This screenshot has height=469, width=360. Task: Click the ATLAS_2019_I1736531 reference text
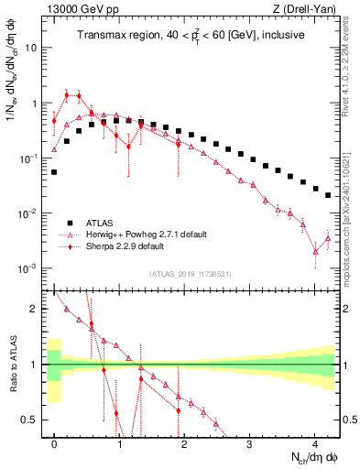(x=191, y=274)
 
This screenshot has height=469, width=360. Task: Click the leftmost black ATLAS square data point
(x=54, y=171)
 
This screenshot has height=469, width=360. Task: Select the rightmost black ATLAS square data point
(x=328, y=194)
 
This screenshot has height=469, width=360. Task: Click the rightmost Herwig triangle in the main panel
(x=328, y=238)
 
